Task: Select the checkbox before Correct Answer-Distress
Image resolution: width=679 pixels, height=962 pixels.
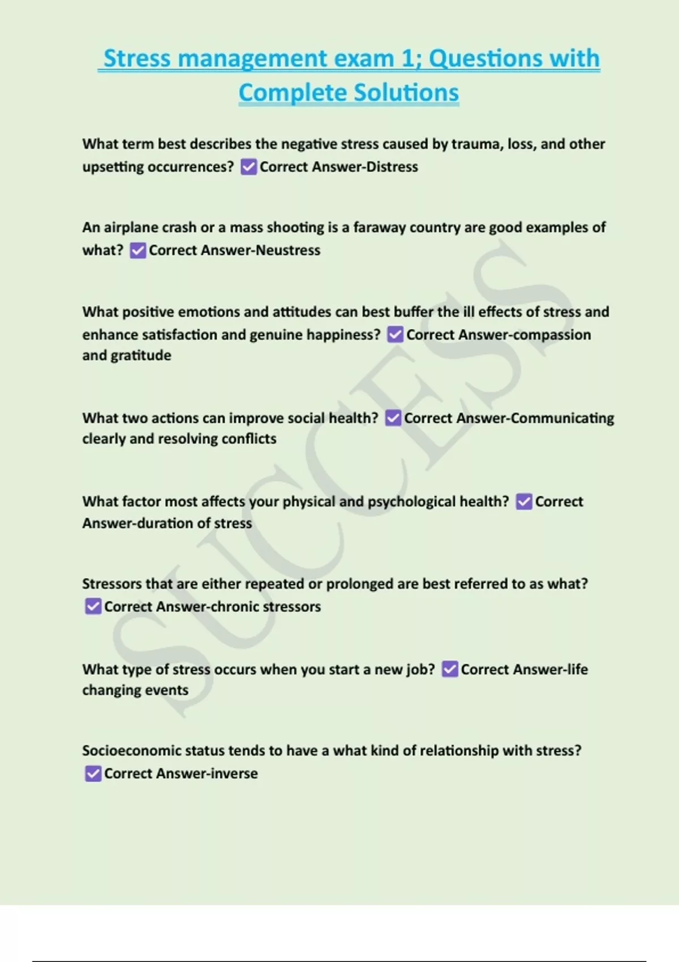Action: pyautogui.click(x=248, y=167)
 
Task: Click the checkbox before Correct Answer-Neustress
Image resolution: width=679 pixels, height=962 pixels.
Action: pyautogui.click(x=137, y=250)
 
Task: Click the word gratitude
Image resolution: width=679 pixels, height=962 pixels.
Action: pyautogui.click(x=141, y=355)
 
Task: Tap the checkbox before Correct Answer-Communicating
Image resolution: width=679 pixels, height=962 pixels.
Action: pyautogui.click(x=393, y=418)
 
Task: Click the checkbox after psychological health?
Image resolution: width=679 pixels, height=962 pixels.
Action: pyautogui.click(x=524, y=502)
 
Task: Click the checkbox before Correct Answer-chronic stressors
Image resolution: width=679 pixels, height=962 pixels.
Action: pyautogui.click(x=93, y=607)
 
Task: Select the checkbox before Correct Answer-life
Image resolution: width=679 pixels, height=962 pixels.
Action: pyautogui.click(x=450, y=669)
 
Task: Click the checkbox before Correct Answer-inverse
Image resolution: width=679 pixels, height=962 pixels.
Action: pyautogui.click(x=93, y=774)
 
